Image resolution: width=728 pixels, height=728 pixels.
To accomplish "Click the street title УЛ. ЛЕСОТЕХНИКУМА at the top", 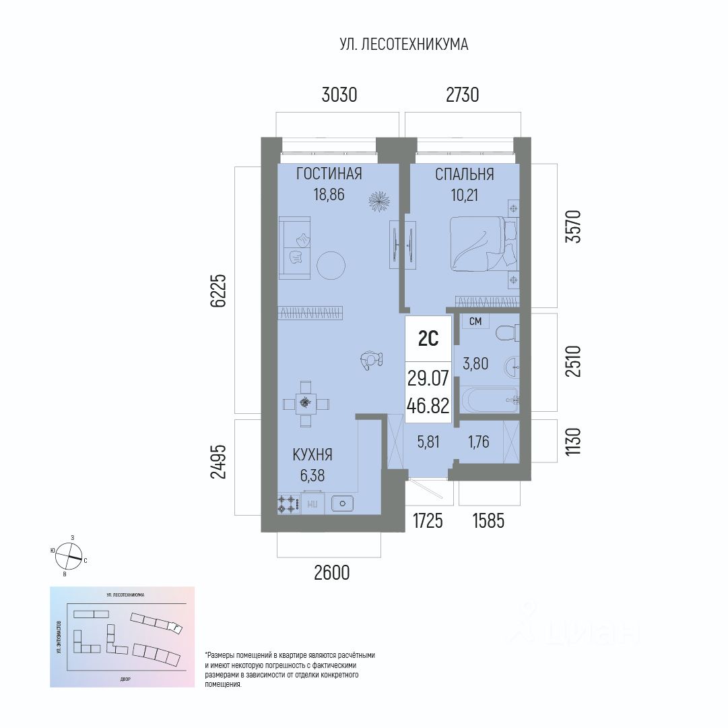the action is pos(403,44).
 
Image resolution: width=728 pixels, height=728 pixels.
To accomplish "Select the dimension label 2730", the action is pos(462,95).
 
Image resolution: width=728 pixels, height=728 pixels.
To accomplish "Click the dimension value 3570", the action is pos(573,227).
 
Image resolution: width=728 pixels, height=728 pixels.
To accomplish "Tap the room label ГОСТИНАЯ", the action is pos(329,175).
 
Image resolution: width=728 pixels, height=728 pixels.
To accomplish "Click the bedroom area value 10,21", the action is pos(464,195).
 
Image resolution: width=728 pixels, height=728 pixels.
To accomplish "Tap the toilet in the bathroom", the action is pos(505,332).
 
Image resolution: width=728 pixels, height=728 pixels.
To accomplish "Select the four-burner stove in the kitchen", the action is pos(289,503).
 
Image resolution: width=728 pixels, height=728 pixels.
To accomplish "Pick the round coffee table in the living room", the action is pos(331,265).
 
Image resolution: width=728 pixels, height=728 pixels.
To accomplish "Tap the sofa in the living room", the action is pos(294,247).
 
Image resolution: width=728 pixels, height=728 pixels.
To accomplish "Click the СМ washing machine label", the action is pos(475,322).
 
